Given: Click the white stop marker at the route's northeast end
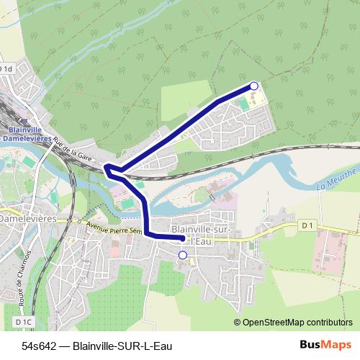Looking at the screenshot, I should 253,86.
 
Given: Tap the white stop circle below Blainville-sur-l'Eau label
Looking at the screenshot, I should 182,255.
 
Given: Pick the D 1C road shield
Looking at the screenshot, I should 24,320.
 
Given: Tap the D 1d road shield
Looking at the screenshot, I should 6,68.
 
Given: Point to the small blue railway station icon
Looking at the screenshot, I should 27,120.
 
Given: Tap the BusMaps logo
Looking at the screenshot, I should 323,345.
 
